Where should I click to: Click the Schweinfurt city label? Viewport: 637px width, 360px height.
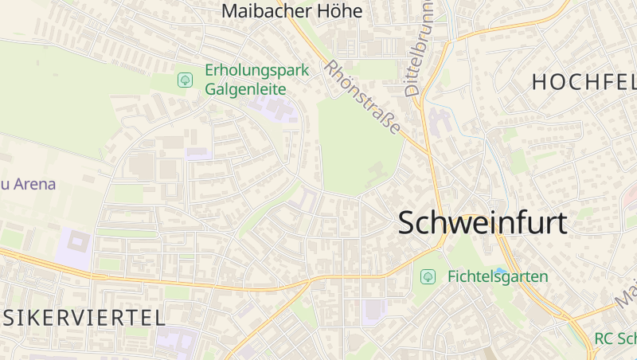483,222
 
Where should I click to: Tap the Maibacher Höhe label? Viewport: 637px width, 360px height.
291,11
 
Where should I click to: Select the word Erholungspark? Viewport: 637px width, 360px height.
256,70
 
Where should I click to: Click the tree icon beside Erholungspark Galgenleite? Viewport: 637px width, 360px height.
185,80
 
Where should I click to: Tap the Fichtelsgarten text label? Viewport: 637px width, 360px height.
498,276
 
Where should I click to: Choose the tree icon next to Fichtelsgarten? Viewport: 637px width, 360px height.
428,276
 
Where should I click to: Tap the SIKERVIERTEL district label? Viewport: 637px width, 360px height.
84,317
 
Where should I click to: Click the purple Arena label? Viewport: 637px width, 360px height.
28,184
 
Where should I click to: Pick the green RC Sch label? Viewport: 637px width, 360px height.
616,338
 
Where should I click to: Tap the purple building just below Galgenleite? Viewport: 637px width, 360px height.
271,108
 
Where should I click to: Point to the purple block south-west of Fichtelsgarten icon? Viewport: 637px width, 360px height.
373,311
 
